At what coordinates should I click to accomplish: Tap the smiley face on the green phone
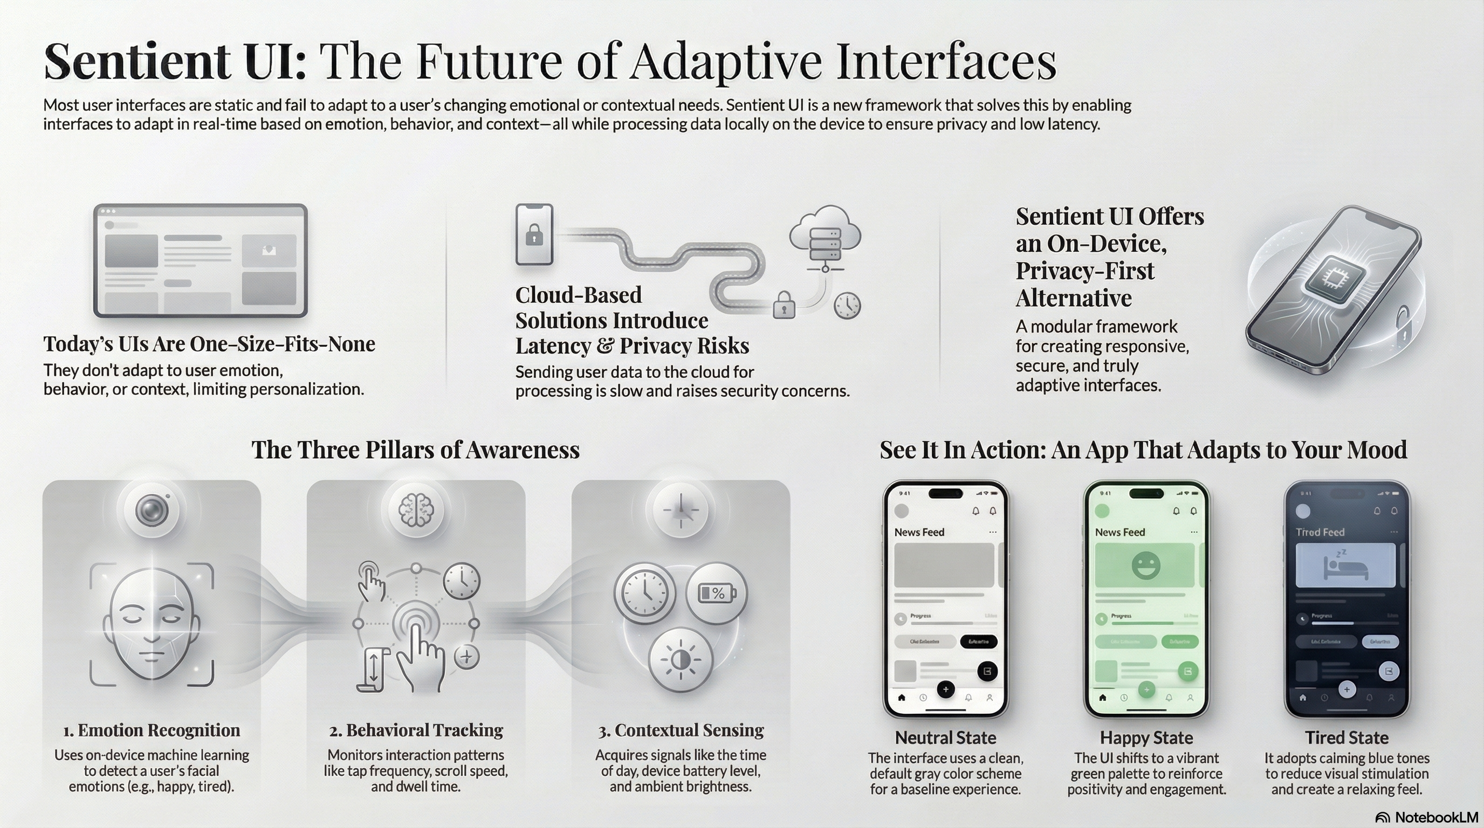[1145, 565]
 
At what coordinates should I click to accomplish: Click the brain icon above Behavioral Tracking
[416, 509]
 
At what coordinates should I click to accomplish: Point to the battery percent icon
[717, 593]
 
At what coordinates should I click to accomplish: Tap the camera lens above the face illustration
[152, 509]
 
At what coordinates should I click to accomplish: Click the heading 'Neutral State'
[945, 737]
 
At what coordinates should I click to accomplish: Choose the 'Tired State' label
[1346, 737]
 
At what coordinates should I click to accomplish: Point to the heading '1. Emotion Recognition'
[152, 730]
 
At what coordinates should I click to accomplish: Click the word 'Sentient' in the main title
[138, 61]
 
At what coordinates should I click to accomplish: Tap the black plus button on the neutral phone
[945, 689]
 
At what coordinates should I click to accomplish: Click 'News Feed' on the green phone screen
[1120, 532]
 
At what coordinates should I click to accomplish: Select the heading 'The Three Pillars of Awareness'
[415, 450]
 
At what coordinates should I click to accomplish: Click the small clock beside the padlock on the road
[847, 305]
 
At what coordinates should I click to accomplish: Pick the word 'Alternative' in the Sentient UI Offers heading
[1073, 298]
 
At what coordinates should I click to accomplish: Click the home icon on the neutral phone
[902, 698]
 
